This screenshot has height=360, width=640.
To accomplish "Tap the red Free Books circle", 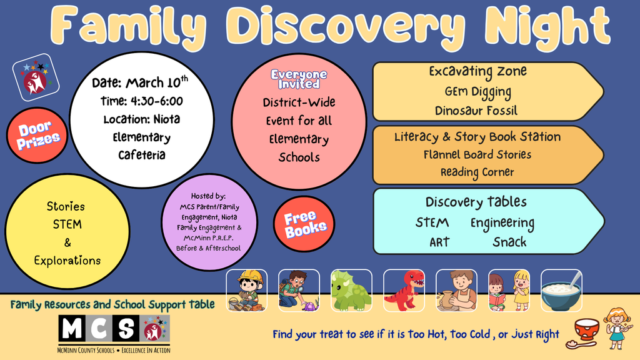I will pos(304,223).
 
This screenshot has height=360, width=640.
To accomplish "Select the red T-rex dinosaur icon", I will pos(404,290).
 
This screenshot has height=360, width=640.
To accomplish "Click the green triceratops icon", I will pos(351,290).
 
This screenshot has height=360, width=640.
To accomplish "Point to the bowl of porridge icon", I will pos(561,291).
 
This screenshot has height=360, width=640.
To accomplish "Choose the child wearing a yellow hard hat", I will pos(247,290).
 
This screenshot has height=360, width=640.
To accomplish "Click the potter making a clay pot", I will pos(456,290).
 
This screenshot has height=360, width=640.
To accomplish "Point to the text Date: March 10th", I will pos(139,82).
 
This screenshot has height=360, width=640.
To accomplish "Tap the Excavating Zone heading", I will pos(477,71).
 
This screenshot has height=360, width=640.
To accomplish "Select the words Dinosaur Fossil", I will pos(476,111).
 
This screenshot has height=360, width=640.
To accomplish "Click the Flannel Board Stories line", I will pos(477,154).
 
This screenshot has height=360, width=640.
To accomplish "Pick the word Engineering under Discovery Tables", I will pos(502,223).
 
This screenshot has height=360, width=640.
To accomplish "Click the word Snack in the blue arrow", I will pos(509,242).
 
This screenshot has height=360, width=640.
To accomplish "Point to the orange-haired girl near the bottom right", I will pos(617,327).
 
